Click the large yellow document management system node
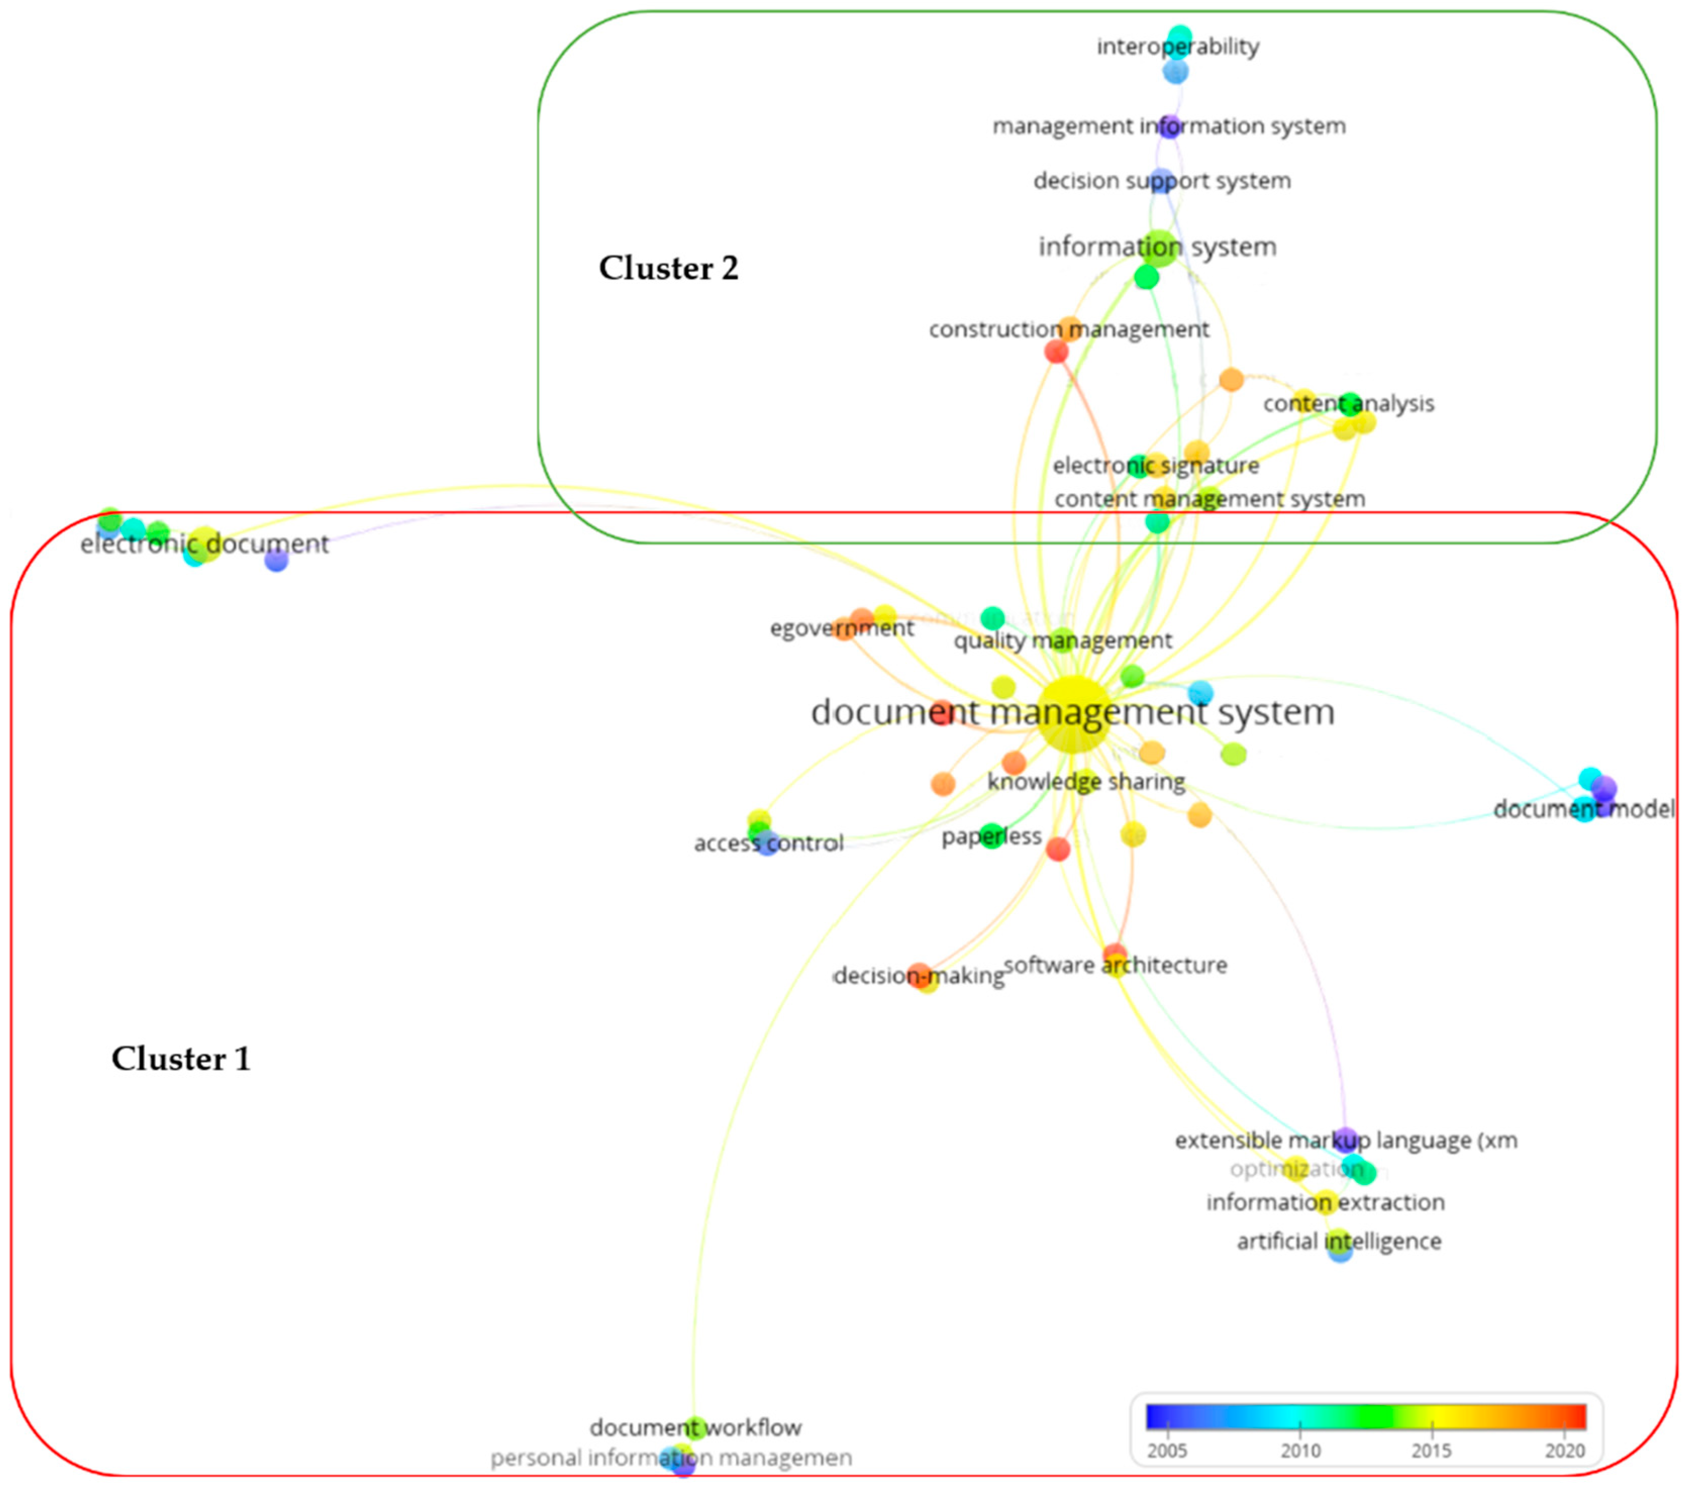pos(1073,713)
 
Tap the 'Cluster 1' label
pos(180,1059)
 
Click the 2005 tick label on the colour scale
pos(1167,1450)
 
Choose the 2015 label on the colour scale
pos(1431,1450)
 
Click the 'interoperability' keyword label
pos(1177,47)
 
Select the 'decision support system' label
pos(1162,181)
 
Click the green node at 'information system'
pos(1160,247)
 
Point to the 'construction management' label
pos(1068,330)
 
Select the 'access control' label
pos(768,843)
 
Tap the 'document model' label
pos(1583,809)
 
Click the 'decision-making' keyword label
pos(919,976)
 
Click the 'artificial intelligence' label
pos(1338,1241)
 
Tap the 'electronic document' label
pos(204,544)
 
